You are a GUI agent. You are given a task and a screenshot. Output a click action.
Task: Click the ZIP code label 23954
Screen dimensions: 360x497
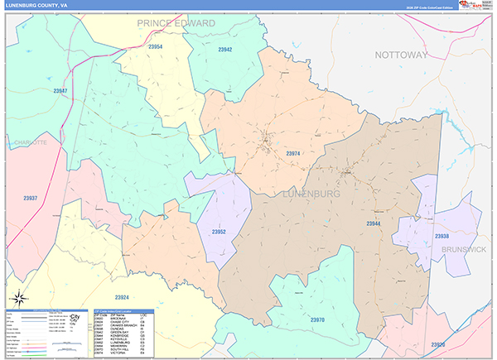(x=155, y=47)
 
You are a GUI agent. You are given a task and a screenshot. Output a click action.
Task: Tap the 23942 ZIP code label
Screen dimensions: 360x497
(x=224, y=50)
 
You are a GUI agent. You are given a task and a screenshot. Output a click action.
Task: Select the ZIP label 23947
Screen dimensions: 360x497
(x=60, y=90)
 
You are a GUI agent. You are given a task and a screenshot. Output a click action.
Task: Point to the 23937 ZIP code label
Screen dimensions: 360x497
(x=31, y=199)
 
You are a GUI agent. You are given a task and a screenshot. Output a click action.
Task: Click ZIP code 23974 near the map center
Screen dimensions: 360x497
(x=293, y=153)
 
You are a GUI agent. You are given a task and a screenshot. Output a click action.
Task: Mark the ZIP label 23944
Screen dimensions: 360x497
(x=374, y=223)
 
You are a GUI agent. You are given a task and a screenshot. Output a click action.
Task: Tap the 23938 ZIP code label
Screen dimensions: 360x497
(x=442, y=236)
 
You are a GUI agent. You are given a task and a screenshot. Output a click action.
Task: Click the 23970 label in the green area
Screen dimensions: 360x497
(x=317, y=319)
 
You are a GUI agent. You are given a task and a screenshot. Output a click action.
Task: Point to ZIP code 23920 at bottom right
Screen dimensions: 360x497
(x=438, y=344)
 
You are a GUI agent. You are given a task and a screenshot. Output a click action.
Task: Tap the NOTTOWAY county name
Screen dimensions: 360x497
(x=401, y=55)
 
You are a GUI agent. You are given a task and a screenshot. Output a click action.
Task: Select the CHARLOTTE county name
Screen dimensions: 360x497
(x=30, y=142)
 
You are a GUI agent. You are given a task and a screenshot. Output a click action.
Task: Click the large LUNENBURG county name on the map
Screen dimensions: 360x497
(x=311, y=193)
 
